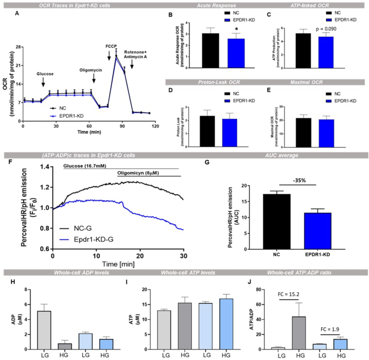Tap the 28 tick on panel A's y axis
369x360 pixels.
17,47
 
